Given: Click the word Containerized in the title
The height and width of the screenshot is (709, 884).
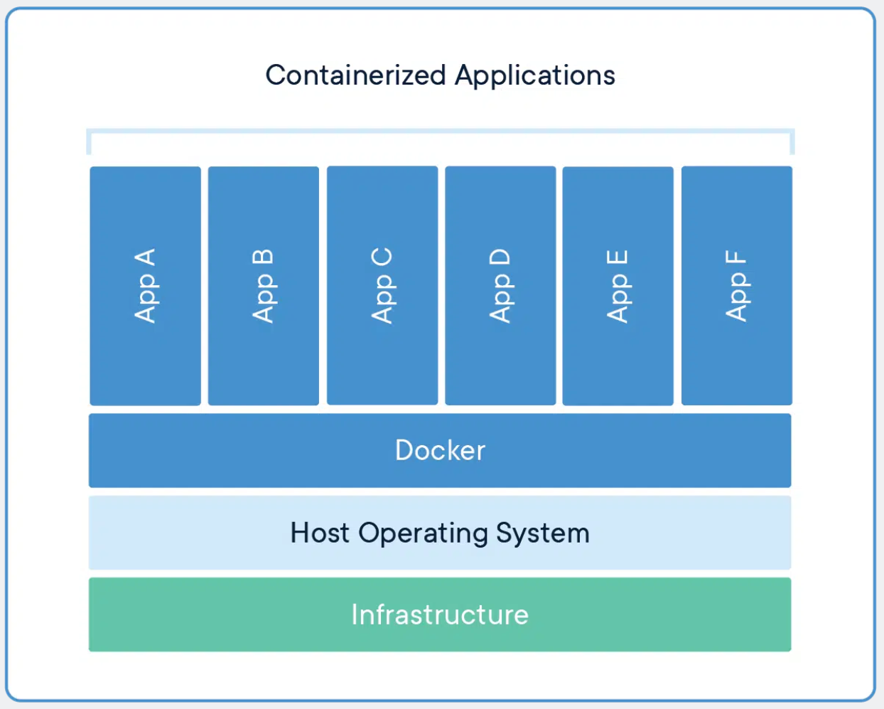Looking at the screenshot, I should pyautogui.click(x=355, y=75).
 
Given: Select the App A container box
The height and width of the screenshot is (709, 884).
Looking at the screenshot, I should pyautogui.click(x=145, y=286).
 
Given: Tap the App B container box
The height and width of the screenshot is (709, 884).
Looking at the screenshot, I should pyautogui.click(x=263, y=286).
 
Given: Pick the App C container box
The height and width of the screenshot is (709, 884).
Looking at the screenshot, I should pyautogui.click(x=382, y=286).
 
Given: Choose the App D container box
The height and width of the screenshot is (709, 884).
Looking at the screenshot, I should pyautogui.click(x=500, y=286).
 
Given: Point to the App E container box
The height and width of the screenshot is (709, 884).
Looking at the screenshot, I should pyautogui.click(x=618, y=286).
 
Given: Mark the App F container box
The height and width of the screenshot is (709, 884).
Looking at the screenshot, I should pyautogui.click(x=736, y=286).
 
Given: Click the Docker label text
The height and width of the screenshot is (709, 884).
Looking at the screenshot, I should pyautogui.click(x=440, y=451).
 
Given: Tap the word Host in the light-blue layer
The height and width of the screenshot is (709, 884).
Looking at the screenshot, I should pyautogui.click(x=319, y=533).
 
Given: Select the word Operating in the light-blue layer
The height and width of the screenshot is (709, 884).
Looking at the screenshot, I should pyautogui.click(x=424, y=533).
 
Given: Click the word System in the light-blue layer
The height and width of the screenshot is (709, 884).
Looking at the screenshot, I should pyautogui.click(x=543, y=533).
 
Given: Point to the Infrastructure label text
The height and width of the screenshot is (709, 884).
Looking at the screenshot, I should pyautogui.click(x=440, y=615).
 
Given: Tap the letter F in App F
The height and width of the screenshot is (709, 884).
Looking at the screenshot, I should pyautogui.click(x=736, y=257).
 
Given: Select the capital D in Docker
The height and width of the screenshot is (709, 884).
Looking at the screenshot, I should pyautogui.click(x=404, y=451).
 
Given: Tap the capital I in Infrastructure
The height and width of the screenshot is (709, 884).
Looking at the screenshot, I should pyautogui.click(x=355, y=615).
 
